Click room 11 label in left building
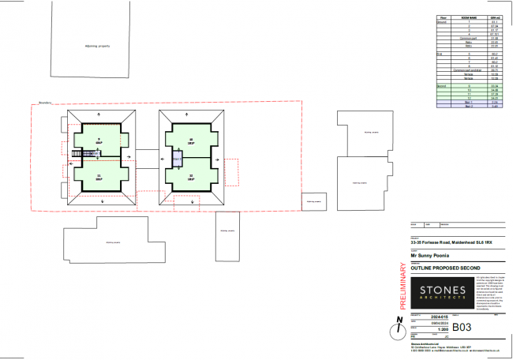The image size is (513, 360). [x=99, y=178]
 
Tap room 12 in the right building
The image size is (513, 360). [x=191, y=178]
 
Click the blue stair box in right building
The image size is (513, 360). [x=178, y=159]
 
